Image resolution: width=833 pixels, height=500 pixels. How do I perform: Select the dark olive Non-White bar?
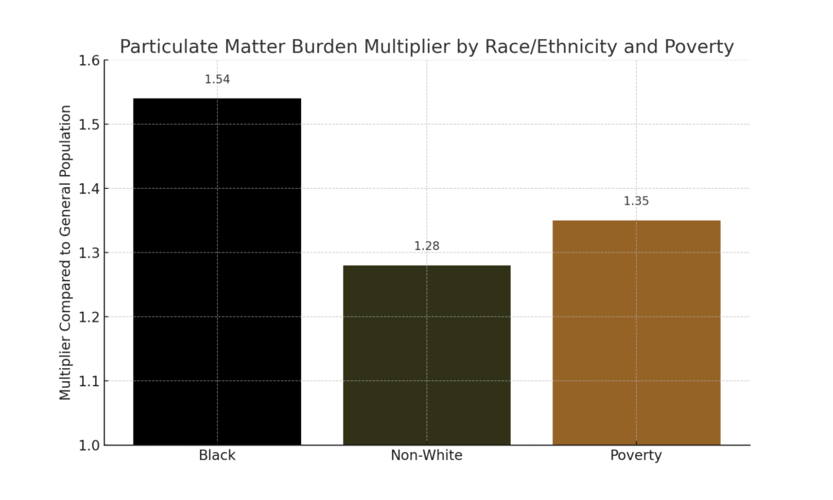point(426,355)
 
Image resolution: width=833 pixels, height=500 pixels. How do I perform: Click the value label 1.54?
point(217,80)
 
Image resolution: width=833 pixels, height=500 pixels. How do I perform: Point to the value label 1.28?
point(426,246)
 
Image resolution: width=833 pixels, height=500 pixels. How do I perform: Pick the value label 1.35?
point(636,201)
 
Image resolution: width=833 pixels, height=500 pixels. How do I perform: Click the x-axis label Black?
point(217,456)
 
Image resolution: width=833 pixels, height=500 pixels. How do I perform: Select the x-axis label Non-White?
point(426,456)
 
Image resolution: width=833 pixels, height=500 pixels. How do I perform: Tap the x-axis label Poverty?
point(636,456)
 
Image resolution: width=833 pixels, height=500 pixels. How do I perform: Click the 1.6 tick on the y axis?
point(89,61)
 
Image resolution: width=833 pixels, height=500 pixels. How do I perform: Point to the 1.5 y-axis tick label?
point(89,125)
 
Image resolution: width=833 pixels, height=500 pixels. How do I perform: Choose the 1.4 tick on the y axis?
point(89,189)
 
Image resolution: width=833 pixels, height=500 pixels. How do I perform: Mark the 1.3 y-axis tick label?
point(89,253)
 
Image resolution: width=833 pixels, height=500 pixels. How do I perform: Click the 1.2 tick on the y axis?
point(89,317)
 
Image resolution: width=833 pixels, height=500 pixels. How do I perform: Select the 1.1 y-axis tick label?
point(89,381)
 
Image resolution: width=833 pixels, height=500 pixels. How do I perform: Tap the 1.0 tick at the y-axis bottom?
point(89,445)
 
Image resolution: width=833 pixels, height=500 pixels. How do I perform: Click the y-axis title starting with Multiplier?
point(66,252)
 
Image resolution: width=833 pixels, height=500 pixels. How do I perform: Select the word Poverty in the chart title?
point(699,47)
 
